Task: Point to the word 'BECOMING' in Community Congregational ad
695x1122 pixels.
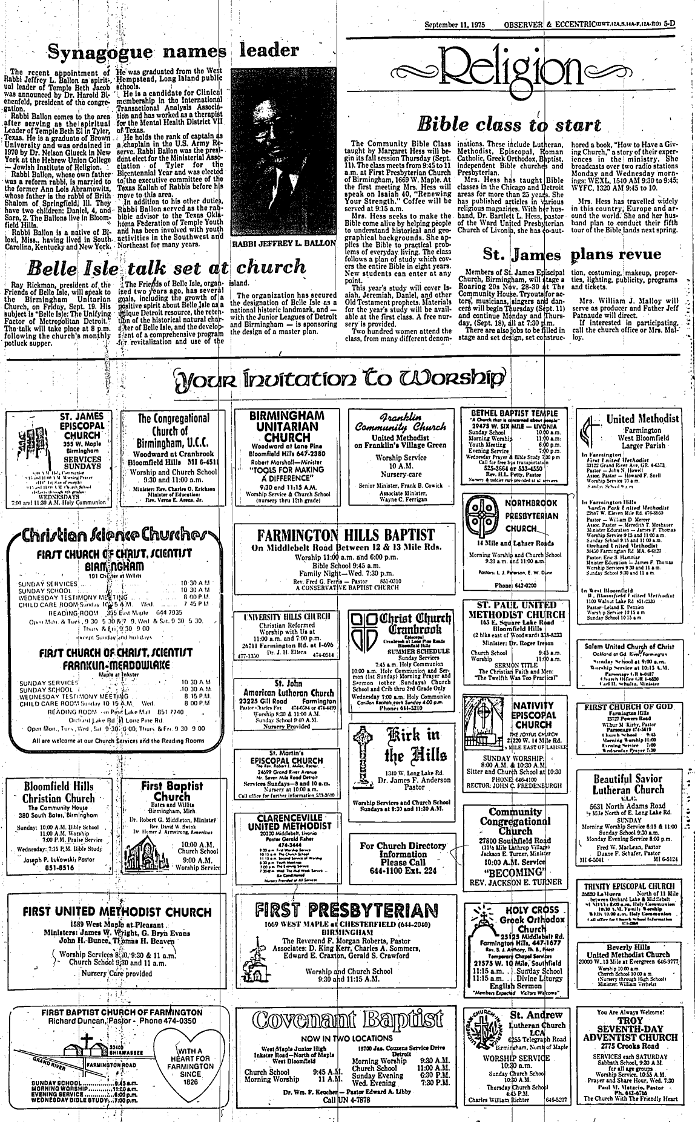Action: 514,872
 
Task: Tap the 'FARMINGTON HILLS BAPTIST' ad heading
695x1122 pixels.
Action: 343,535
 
